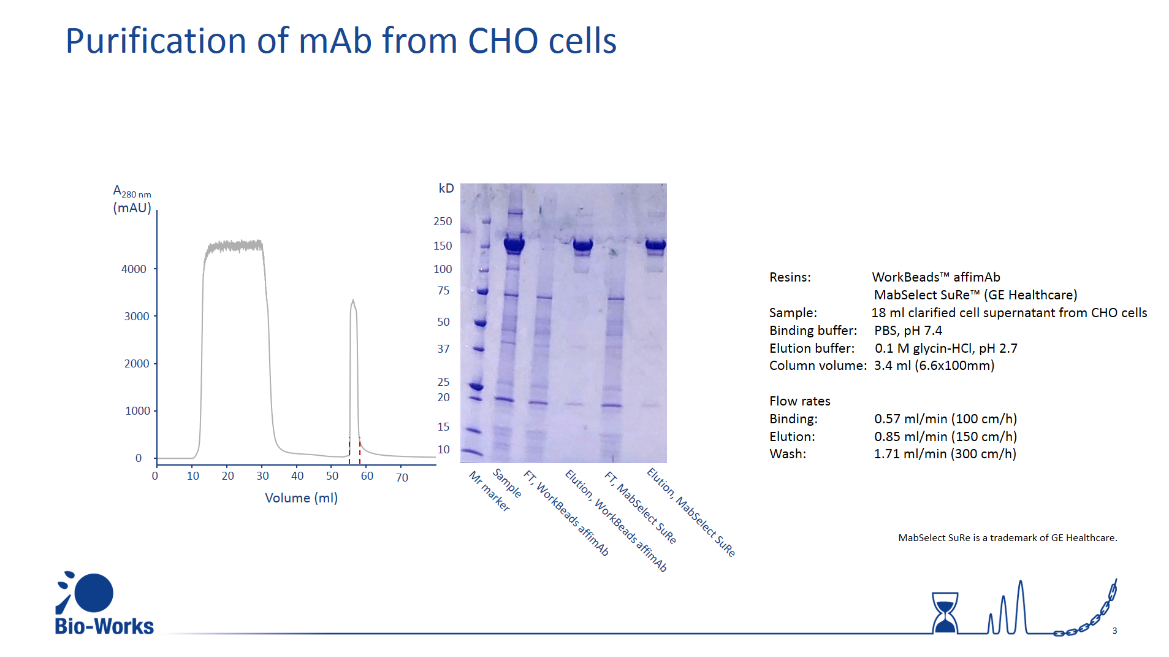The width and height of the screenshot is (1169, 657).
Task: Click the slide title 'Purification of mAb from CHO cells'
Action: (x=341, y=40)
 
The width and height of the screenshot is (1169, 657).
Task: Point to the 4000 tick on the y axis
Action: (x=156, y=269)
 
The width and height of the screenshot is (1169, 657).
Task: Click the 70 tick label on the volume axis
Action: (x=402, y=477)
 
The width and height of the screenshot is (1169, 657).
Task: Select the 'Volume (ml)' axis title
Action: (x=301, y=498)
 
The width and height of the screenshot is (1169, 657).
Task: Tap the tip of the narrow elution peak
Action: (x=353, y=300)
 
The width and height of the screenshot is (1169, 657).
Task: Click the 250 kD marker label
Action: (x=443, y=221)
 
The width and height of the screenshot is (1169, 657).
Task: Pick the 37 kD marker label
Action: (x=443, y=348)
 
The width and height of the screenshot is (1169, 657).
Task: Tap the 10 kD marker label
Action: (x=443, y=449)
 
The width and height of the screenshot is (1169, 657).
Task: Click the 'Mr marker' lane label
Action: (x=489, y=491)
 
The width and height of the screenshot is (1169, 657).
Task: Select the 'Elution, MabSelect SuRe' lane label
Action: (x=691, y=512)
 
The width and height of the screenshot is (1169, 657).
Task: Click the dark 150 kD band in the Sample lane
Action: (x=514, y=244)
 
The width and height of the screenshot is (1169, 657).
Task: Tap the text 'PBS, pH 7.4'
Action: (x=908, y=331)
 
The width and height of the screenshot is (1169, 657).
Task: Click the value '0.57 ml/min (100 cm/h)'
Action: (x=945, y=419)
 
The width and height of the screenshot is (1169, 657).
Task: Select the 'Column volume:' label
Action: (x=818, y=366)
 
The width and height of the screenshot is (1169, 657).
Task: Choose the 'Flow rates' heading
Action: (x=800, y=401)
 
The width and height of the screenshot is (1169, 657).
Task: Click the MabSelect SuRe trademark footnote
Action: (x=1008, y=538)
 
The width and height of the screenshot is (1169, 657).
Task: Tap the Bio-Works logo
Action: (x=104, y=603)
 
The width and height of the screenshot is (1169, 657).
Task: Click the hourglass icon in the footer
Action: (x=945, y=612)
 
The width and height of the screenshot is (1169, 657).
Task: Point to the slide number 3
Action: (x=1114, y=631)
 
